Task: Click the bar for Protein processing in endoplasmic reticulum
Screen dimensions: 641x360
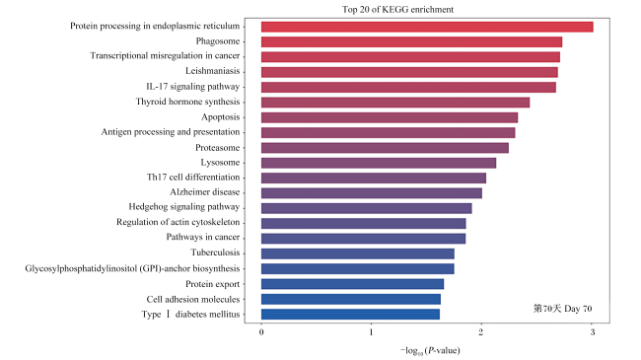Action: (427, 27)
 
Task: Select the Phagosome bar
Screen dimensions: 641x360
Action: (411, 41)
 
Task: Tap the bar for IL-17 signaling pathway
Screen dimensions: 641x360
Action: (408, 87)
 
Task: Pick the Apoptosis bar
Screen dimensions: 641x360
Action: (390, 117)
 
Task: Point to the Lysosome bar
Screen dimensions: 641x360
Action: (379, 163)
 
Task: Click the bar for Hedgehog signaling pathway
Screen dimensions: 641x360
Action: (367, 208)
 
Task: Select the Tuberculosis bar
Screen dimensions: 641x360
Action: (358, 253)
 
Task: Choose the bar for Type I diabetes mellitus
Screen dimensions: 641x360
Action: (351, 315)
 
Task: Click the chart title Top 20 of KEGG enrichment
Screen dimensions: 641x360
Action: (397, 10)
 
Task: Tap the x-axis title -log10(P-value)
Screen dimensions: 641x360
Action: (430, 350)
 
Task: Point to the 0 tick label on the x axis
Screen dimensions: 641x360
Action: (261, 332)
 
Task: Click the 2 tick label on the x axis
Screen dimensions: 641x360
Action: (481, 332)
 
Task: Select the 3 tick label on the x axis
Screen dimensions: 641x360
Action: (593, 332)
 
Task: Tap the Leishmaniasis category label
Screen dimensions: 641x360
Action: (213, 71)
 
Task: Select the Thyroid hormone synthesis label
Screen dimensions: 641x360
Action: (187, 102)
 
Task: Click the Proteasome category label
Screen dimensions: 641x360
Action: (218, 147)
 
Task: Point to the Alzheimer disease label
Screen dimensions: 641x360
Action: (205, 192)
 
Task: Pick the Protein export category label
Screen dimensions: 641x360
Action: (213, 284)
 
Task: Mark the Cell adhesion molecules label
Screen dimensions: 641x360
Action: (193, 299)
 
